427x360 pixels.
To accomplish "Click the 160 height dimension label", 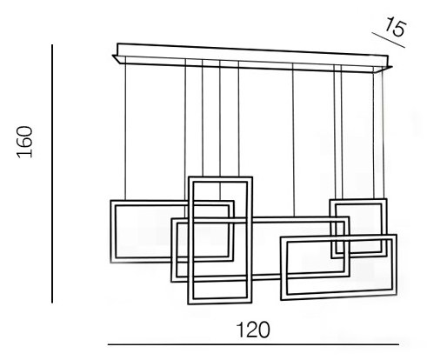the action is click(x=24, y=142).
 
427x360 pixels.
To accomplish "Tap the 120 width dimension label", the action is click(x=253, y=330).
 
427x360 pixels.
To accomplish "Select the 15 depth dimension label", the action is click(x=396, y=26).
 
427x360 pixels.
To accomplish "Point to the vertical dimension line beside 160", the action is click(x=52, y=174).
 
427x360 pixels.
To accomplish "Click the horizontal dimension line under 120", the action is click(x=253, y=344).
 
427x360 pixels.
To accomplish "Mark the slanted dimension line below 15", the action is click(x=389, y=40).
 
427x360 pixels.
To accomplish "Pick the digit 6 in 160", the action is click(x=24, y=142).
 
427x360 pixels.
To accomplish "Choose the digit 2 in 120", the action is click(x=253, y=330).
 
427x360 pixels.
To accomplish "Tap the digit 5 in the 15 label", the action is click(x=400, y=29).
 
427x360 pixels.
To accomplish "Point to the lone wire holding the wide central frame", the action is click(x=293, y=140).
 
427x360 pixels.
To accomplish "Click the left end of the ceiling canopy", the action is click(x=115, y=57).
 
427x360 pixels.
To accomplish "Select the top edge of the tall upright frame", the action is click(x=220, y=177).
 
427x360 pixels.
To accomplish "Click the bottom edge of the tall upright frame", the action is click(x=220, y=303).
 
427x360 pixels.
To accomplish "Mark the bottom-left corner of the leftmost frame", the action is click(x=111, y=262).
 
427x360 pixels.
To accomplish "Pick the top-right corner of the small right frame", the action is click(x=386, y=199).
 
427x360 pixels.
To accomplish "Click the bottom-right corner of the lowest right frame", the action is click(x=396, y=294).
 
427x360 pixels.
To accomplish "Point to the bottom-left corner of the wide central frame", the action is click(x=172, y=281).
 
